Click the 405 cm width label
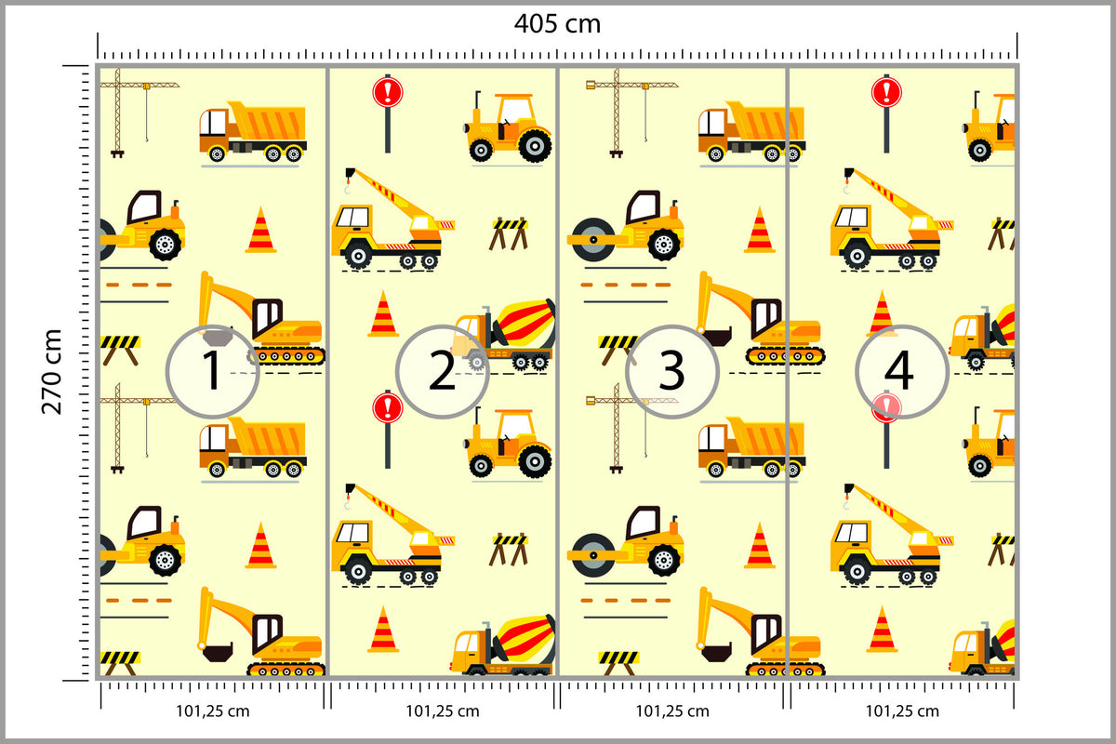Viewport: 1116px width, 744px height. point(557,23)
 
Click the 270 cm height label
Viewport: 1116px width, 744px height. point(51,372)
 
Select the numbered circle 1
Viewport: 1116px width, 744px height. point(212,371)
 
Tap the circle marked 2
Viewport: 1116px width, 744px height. point(443,371)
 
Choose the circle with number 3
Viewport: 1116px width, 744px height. point(672,371)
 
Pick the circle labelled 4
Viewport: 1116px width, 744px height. point(902,371)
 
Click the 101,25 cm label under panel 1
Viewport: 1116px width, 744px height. point(213,711)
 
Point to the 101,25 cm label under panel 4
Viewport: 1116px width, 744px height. point(902,711)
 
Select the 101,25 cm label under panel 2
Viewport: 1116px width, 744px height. point(443,711)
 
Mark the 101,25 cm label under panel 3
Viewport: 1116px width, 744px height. point(672,711)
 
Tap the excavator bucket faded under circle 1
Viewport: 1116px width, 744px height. point(217,337)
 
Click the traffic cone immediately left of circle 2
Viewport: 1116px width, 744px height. point(382,314)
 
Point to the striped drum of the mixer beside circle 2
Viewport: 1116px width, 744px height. point(525,324)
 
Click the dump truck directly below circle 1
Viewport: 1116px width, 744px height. point(253,447)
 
